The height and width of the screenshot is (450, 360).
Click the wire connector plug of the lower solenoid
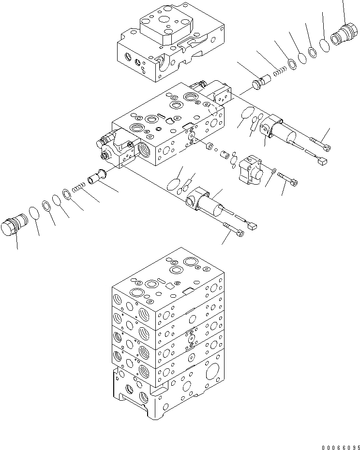(x=252, y=225)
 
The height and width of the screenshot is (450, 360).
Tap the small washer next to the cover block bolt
(x=274, y=170)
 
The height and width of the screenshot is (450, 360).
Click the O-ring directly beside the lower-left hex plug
(x=34, y=213)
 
